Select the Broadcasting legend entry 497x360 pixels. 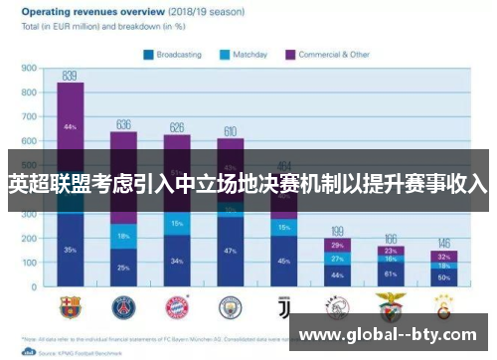pos(179,55)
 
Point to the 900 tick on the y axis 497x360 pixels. pos(29,70)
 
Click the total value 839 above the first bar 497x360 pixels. pos(70,76)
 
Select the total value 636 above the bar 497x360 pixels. pos(123,125)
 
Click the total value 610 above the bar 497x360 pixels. pos(230,131)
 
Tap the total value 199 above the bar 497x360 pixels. pos(337,231)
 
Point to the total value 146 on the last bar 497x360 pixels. pos(443,244)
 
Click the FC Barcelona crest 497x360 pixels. pos(70,305)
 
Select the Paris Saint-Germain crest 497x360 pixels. pos(123,305)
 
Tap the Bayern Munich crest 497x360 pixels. pos(177,305)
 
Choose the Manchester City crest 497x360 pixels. pos(230,305)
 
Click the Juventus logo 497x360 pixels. pos(283,305)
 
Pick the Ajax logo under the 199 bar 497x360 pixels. pos(337,305)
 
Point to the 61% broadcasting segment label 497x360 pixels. pos(390,273)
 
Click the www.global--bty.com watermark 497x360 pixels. pos(393,334)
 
